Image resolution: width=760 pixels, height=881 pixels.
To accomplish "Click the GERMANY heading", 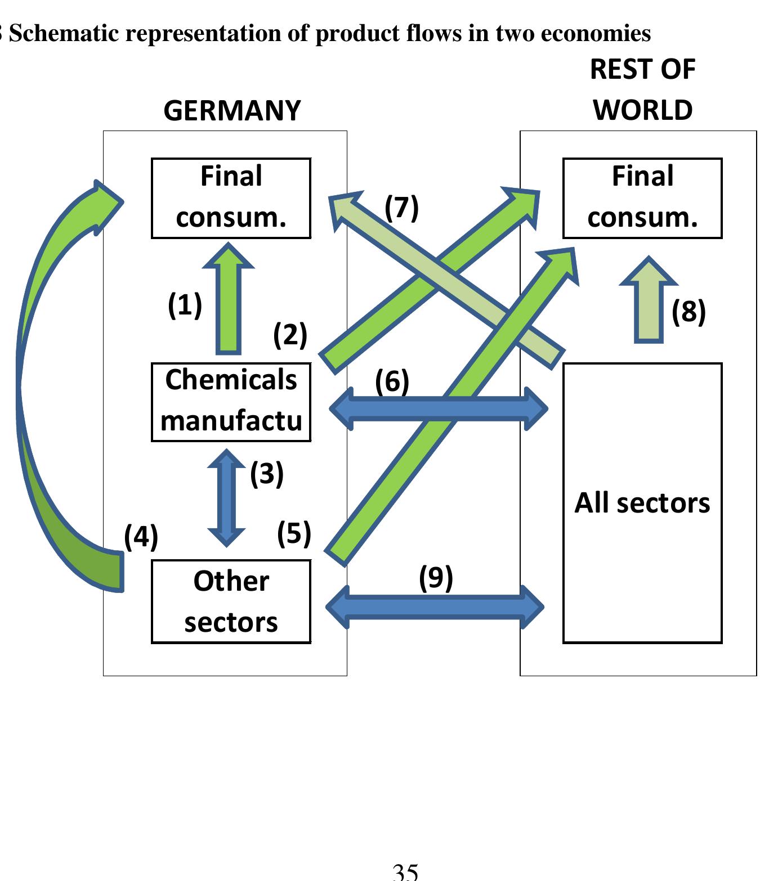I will click(x=232, y=110).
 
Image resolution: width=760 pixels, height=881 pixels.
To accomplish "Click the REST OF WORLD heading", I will click(x=642, y=90).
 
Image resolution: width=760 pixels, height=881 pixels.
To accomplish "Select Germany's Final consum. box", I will click(x=231, y=198).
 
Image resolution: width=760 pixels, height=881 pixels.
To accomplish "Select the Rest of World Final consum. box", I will click(x=642, y=198).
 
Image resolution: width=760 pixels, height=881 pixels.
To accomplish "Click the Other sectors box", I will click(x=231, y=601).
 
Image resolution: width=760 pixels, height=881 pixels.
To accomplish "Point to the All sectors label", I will click(x=642, y=502).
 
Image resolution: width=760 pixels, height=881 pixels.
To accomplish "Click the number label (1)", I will click(x=185, y=305).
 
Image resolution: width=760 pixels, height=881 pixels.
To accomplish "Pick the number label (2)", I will click(x=290, y=335).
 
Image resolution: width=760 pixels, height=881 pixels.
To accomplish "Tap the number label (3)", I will click(x=267, y=474).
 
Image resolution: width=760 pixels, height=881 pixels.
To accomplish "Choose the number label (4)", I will click(x=141, y=536).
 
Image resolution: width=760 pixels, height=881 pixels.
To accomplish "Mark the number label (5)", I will click(x=294, y=533).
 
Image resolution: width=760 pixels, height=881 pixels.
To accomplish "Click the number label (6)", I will click(x=392, y=381).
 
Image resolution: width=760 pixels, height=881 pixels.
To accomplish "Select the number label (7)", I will click(x=401, y=208).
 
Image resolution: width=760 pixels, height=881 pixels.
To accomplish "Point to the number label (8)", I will click(x=689, y=312).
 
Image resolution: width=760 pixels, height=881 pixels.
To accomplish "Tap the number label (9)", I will click(x=436, y=578).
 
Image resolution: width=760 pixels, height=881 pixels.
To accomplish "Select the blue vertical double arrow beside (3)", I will click(x=226, y=498).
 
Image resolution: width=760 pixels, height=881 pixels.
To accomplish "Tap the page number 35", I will click(x=405, y=872).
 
